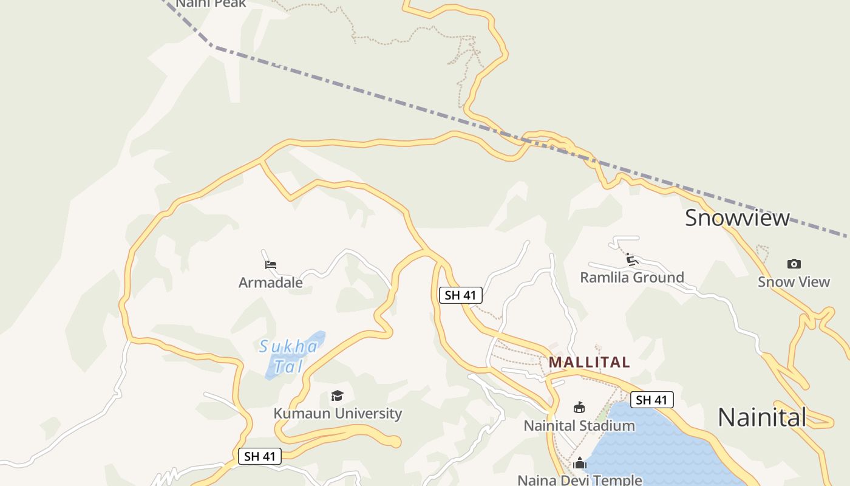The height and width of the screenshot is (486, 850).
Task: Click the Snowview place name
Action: click(737, 217)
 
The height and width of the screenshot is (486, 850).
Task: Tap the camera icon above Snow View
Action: click(794, 264)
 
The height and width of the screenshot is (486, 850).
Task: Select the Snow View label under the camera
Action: click(794, 282)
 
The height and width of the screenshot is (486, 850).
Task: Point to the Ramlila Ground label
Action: click(631, 278)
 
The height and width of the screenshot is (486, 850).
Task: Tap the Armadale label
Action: click(270, 282)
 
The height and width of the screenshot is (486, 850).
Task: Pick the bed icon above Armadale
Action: click(271, 265)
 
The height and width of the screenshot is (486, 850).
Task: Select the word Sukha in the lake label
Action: click(288, 347)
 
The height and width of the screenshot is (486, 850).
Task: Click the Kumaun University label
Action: click(338, 414)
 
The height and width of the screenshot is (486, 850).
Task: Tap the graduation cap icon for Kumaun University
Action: click(337, 396)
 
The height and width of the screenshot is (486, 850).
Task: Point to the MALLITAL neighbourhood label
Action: click(589, 363)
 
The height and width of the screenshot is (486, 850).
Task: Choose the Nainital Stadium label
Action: click(579, 425)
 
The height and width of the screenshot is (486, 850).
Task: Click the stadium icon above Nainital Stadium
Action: click(579, 408)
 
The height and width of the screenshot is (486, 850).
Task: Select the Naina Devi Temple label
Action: click(579, 480)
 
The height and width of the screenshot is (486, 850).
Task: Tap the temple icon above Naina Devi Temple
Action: click(580, 464)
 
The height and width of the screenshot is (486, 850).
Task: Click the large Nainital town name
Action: click(761, 417)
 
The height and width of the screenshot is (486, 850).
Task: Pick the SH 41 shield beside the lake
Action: click(651, 400)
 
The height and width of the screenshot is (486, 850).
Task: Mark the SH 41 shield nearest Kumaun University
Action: click(260, 456)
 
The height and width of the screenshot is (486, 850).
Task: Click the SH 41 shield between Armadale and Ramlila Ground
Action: click(460, 295)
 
